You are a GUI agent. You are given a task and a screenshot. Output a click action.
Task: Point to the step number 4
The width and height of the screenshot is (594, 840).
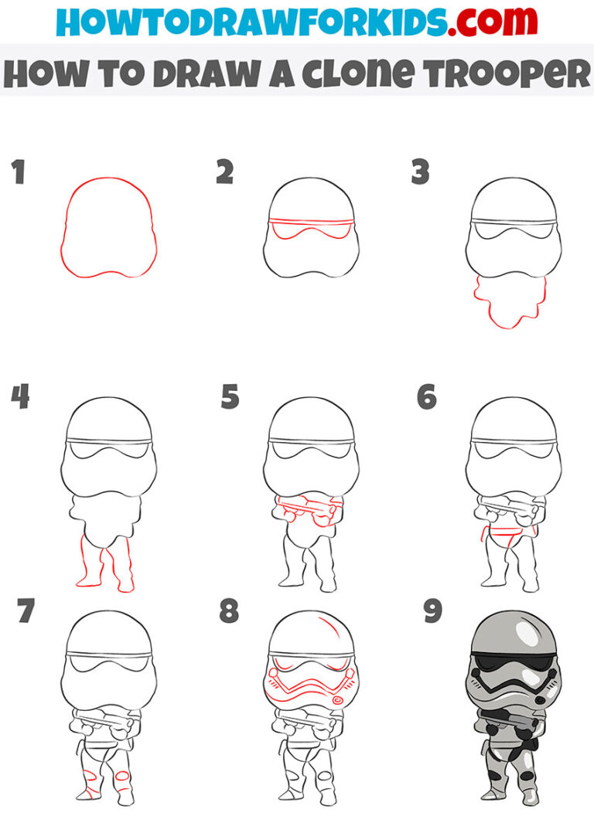pos(20,396)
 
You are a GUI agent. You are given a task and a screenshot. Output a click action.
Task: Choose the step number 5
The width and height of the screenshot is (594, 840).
pos(230,396)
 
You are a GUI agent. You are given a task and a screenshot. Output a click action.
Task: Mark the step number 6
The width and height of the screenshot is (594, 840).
pos(426,396)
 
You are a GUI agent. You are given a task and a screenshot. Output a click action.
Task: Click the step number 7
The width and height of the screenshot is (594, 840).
pos(26,611)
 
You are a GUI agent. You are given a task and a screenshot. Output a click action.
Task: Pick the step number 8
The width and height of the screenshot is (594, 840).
pos(229,611)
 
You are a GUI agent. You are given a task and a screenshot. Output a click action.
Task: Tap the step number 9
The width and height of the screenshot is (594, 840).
pos(432,611)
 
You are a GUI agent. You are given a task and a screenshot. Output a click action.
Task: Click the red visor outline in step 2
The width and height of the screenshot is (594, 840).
pos(309,229)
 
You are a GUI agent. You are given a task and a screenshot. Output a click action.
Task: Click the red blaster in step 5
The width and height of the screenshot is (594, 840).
pos(308,509)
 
